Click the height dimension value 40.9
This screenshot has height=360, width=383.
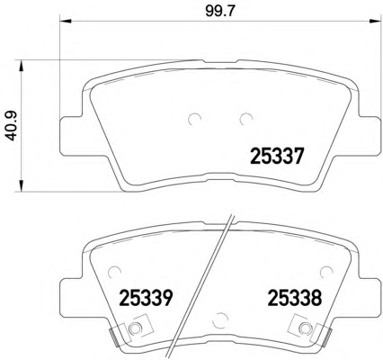coord(13,125)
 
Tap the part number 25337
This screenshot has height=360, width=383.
coord(277,156)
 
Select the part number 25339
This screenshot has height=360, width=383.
coord(147,298)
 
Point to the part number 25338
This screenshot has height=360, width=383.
coord(294,298)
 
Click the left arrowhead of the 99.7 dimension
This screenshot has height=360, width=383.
coord(66,21)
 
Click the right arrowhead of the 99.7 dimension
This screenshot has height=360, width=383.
coord(372,21)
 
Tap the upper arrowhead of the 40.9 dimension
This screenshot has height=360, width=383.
coord(21,66)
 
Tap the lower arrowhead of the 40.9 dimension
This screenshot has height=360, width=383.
coord(21,185)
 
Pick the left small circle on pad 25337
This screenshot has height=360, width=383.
coord(193,119)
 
